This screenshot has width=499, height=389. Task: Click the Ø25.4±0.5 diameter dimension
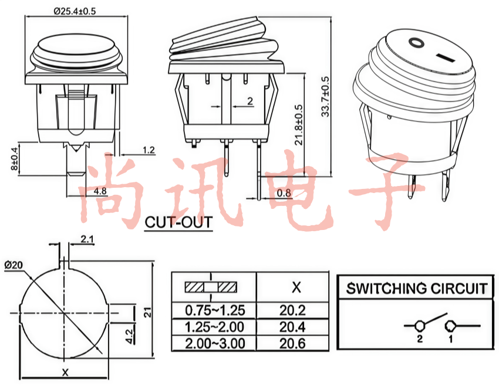point(75,11)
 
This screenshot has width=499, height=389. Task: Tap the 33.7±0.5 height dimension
point(325,97)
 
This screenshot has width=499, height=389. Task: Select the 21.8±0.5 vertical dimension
point(298,125)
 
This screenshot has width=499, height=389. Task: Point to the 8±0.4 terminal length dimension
point(14,159)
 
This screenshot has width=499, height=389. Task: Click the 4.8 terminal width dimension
point(100,191)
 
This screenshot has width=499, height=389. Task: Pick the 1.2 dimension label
point(149,150)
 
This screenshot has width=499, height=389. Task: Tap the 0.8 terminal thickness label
point(284,193)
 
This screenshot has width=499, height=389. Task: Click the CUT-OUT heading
point(178,222)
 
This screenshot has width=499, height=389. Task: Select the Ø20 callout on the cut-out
point(14,265)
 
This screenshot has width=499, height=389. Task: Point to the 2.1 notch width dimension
point(87,239)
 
